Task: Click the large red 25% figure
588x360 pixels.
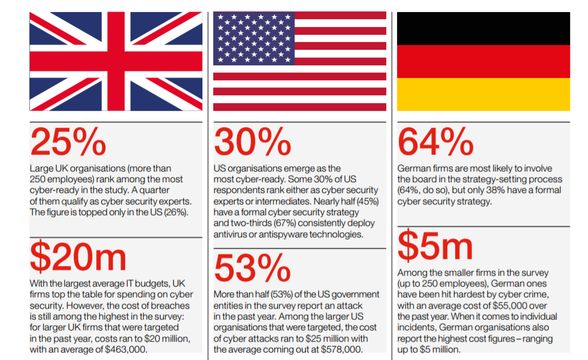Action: (68, 142)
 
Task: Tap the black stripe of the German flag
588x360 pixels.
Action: (483, 28)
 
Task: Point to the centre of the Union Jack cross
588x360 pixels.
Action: (116, 61)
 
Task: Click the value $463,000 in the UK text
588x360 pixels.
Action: (125, 349)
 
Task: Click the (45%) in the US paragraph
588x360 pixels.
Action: (366, 201)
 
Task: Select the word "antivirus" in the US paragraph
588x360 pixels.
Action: (231, 234)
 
